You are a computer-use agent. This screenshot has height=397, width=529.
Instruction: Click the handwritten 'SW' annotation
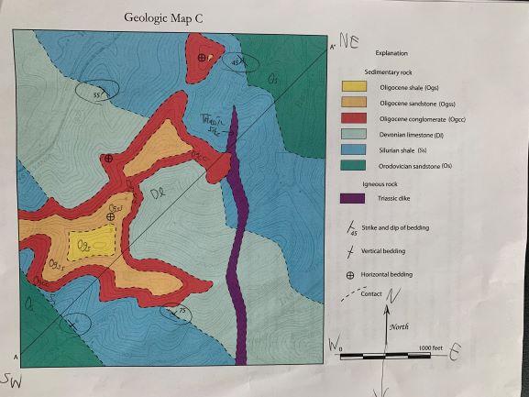(13, 378)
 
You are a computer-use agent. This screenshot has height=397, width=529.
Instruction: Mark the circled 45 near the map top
(240, 61)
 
